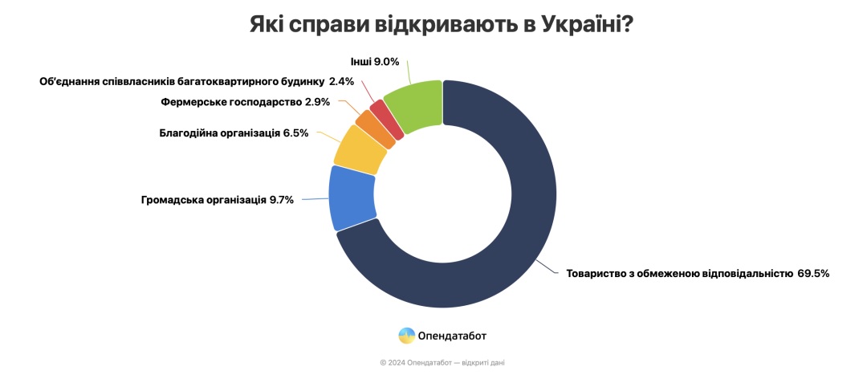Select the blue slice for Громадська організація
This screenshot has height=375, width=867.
pos(352,198)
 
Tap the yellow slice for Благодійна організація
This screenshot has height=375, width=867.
pos(360,149)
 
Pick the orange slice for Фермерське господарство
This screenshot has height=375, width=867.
pos(375,128)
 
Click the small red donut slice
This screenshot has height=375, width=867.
pos(387,119)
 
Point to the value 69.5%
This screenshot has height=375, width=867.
pos(812,273)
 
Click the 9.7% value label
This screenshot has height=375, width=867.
pos(282,199)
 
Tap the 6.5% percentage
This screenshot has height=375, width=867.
pos(295,133)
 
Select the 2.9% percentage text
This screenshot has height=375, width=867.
pos(318,103)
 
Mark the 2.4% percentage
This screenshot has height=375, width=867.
pos(342,81)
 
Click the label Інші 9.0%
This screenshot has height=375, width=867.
pos(374,61)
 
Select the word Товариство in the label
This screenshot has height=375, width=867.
pos(597,273)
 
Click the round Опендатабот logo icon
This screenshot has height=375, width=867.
pos(407,336)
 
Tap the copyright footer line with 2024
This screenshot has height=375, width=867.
pos(442,362)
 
